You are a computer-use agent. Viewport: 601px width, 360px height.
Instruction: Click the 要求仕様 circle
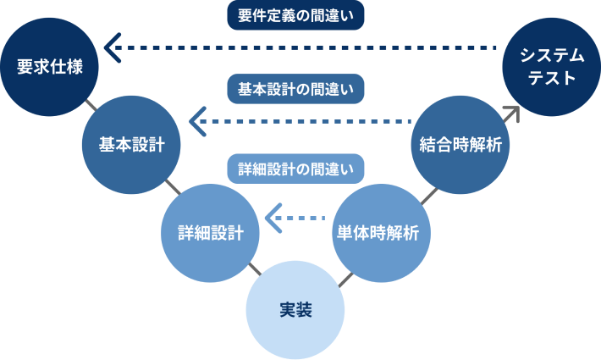pyautogui.click(x=50, y=66)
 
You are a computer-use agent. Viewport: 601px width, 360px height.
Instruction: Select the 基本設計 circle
pyautogui.click(x=131, y=144)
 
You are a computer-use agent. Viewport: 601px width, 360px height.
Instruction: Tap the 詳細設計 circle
pyautogui.click(x=210, y=232)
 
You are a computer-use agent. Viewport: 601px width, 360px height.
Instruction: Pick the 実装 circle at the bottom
pyautogui.click(x=295, y=310)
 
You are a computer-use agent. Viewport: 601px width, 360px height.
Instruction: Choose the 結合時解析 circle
pyautogui.click(x=460, y=144)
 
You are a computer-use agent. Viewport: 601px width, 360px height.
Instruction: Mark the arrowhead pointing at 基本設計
pyautogui.click(x=196, y=123)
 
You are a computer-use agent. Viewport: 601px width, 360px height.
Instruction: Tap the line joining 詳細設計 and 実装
pyautogui.click(x=253, y=270)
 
